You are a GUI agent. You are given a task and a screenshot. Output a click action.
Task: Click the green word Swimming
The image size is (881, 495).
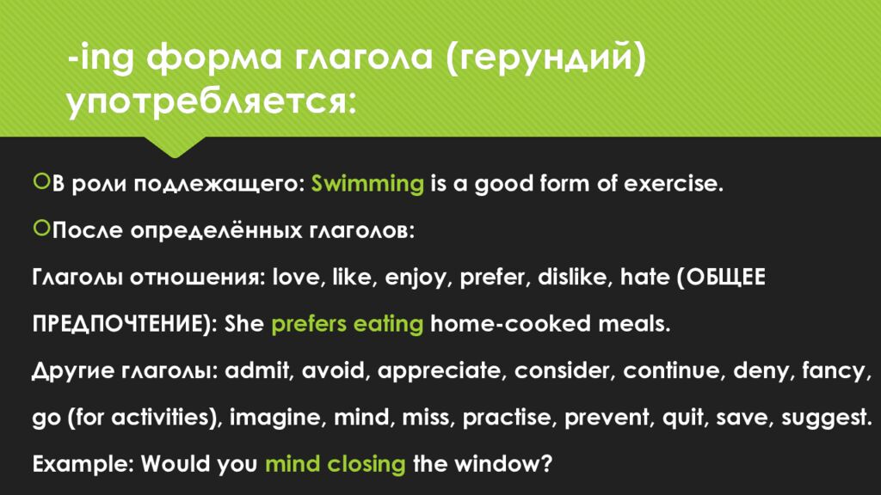point(367,184)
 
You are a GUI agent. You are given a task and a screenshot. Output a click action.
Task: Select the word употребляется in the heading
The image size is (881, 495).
point(210,104)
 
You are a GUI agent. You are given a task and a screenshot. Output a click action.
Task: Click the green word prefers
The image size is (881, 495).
point(310,324)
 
